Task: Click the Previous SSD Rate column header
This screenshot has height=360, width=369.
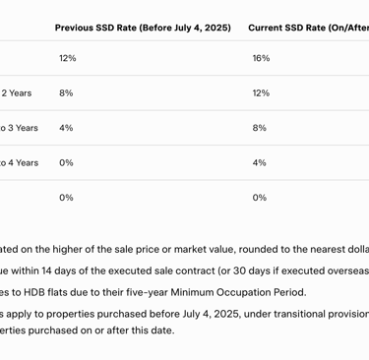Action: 143,28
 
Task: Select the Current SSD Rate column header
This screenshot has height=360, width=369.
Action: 308,28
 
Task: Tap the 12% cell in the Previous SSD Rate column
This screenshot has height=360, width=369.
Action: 67,59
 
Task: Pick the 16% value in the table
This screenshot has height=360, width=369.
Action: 261,59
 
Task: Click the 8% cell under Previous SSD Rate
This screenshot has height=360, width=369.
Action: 66,93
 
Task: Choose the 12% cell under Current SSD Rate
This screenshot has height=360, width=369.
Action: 261,93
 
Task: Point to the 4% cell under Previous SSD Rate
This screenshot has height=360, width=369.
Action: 66,128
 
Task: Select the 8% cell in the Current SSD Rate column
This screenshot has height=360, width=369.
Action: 260,128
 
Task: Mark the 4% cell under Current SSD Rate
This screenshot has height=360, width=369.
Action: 260,162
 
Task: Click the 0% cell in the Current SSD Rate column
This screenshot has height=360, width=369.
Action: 260,198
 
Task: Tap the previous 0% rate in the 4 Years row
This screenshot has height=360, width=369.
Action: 66,162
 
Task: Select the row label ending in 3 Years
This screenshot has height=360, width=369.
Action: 19,128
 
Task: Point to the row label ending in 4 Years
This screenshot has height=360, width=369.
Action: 19,162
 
